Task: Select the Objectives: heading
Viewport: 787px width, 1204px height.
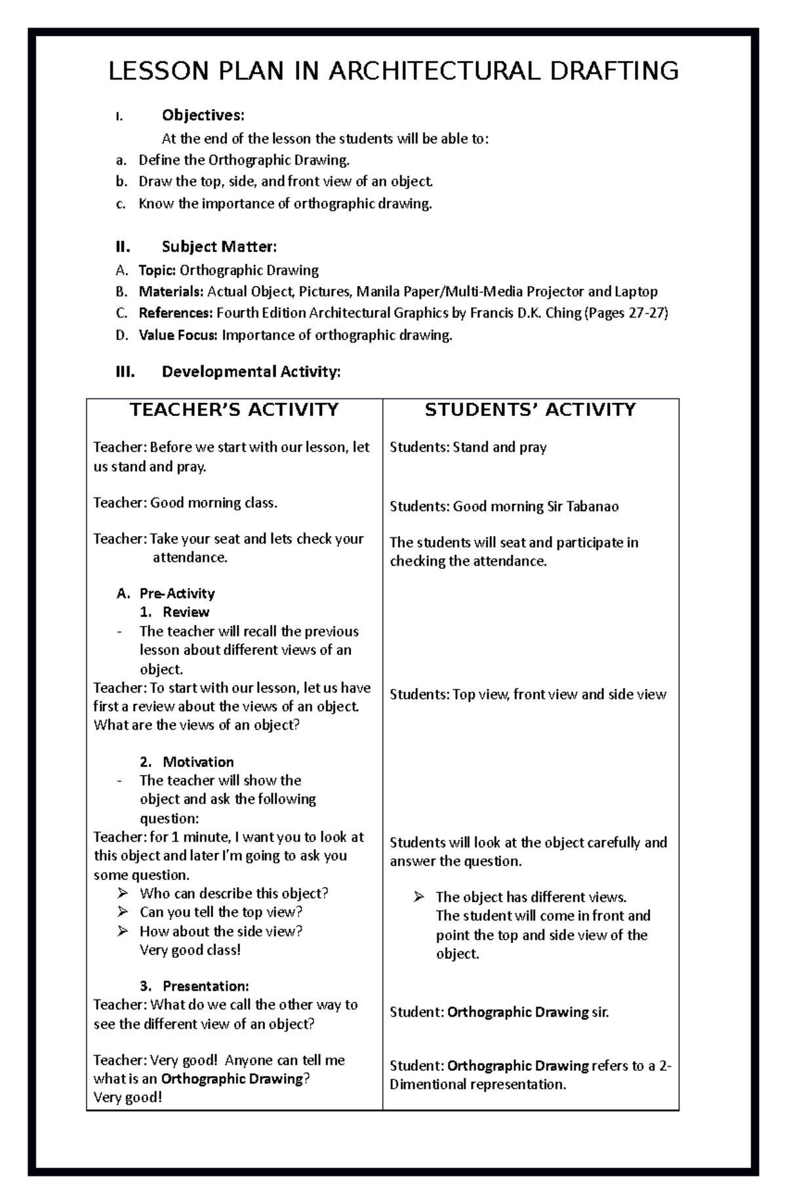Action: pos(203,115)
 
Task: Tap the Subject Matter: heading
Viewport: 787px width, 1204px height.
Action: pos(219,247)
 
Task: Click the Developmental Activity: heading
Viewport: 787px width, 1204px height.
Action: pos(251,372)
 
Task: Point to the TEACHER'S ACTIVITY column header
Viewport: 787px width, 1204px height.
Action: pos(234,410)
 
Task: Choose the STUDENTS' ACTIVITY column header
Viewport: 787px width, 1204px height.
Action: pos(530,410)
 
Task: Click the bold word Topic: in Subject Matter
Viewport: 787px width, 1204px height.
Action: pos(157,270)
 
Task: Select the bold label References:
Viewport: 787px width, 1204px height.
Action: pos(175,313)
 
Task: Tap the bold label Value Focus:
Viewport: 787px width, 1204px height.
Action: pos(178,335)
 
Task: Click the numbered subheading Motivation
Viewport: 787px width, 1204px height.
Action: pos(198,762)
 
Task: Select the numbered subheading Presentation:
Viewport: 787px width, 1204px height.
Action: pos(205,986)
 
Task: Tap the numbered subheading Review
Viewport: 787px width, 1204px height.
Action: pos(186,612)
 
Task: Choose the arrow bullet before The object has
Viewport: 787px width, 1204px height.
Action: pos(419,897)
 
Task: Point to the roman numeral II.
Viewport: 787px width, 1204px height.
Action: pos(123,247)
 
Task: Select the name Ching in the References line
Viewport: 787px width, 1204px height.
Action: pos(563,313)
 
